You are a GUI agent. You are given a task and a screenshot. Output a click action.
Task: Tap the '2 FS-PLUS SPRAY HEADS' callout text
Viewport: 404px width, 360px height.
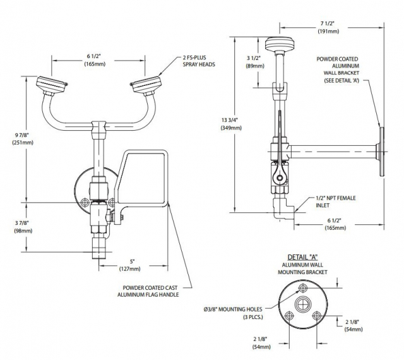tap(201, 61)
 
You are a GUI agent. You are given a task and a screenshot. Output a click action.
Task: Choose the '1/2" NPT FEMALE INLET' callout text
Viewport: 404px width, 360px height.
tap(335, 201)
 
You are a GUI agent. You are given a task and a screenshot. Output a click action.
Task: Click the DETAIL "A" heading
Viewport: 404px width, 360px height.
tap(302, 256)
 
